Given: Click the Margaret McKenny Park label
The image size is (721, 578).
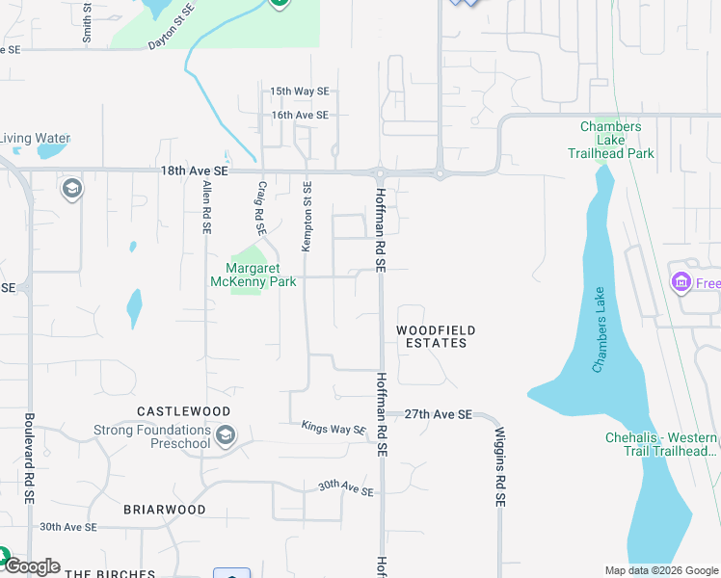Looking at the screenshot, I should [254, 276].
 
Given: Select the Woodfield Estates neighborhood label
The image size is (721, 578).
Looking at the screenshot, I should [436, 336].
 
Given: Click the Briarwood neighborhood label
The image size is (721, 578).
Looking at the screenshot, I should [165, 509].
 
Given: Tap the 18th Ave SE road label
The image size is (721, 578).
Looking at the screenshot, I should [195, 170].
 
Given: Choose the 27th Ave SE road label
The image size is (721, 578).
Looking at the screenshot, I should [438, 413].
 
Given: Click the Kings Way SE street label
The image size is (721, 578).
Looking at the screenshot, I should [334, 427].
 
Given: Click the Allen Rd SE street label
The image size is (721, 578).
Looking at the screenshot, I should [206, 206].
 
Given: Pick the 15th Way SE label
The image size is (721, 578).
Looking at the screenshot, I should [299, 92].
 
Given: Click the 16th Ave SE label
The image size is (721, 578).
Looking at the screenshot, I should [299, 115].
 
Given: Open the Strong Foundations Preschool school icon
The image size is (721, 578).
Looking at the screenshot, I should [226, 435].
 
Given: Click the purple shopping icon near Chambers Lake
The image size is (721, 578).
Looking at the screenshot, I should [681, 282].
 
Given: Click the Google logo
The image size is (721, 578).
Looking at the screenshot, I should [32, 566].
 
